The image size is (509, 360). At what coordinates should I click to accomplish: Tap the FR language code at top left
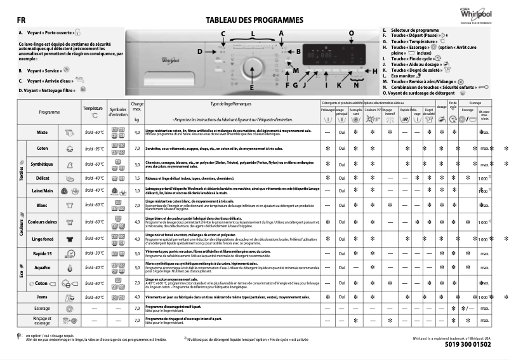(22, 20)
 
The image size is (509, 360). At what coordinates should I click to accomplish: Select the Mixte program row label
(43, 133)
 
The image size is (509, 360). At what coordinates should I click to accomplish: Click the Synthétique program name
(43, 163)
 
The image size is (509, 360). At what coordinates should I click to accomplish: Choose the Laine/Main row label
(43, 190)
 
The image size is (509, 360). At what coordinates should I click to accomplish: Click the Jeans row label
(43, 297)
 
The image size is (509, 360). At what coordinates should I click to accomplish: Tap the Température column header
(93, 109)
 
